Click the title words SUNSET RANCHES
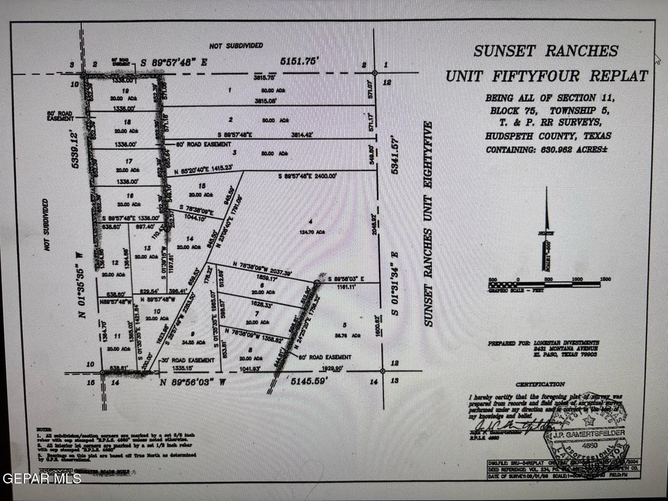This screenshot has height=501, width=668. (x=545, y=51)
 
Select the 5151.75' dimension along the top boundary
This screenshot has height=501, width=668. (x=299, y=61)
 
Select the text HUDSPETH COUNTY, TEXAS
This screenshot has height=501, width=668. (x=548, y=136)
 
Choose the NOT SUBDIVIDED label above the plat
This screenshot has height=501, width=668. (x=236, y=46)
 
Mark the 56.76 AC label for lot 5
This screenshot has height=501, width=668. (x=347, y=335)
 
